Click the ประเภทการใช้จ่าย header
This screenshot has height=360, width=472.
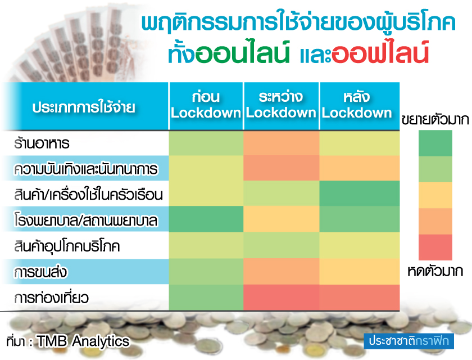point(84,107)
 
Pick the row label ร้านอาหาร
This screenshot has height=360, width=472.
point(42,143)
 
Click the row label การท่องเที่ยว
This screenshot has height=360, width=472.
point(51,298)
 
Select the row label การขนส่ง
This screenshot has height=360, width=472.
point(40,272)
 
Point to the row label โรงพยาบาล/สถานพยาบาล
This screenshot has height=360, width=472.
point(86,220)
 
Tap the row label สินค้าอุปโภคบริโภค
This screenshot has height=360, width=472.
point(67,246)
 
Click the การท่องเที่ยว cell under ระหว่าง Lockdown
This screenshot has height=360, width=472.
point(281,298)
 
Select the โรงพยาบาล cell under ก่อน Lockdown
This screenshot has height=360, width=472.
point(206,219)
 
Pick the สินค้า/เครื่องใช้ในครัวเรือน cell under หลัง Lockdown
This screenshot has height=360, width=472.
point(360,193)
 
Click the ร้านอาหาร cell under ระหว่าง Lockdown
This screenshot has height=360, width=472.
point(281,143)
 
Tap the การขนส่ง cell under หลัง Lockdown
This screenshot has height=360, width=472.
point(360,272)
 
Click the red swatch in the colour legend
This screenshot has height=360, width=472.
point(435,247)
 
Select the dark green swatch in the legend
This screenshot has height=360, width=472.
point(435,143)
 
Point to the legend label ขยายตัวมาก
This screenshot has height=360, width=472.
point(435,120)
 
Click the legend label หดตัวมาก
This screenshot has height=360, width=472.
point(435,271)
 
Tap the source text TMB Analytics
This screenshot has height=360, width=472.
point(83,341)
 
